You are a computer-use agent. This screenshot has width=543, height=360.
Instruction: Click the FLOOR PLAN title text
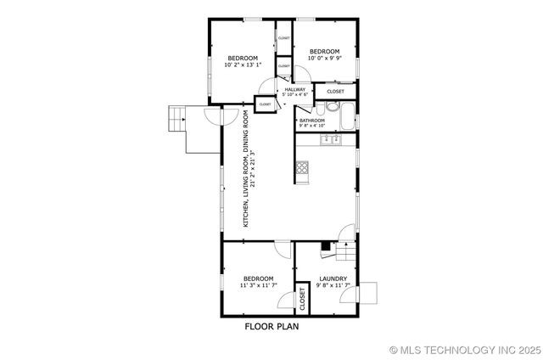pos(271,326)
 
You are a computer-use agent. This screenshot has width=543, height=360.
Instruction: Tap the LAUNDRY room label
pos(333,278)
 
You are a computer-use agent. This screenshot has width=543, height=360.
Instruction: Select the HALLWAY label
pos(295,89)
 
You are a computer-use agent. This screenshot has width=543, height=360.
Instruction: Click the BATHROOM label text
pos(312,121)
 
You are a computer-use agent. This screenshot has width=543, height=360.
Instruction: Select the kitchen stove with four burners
pos(303,168)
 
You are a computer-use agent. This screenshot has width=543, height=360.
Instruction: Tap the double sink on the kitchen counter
pos(332,138)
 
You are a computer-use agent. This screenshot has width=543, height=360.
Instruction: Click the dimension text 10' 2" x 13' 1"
pos(243,65)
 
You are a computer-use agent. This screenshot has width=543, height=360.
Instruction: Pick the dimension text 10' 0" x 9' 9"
pos(324,58)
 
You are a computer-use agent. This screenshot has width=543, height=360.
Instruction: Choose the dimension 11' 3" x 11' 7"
pos(258,286)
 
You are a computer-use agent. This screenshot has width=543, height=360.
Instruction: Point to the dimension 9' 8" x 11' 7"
pos(333,286)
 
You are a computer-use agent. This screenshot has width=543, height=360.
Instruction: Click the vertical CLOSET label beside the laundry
pos(302,298)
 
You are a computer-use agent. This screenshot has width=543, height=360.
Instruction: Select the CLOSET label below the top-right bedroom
pos(336,91)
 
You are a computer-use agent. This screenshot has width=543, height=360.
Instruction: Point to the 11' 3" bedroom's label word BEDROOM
pos(258,278)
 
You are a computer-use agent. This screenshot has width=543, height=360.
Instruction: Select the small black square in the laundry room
pos(325,245)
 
